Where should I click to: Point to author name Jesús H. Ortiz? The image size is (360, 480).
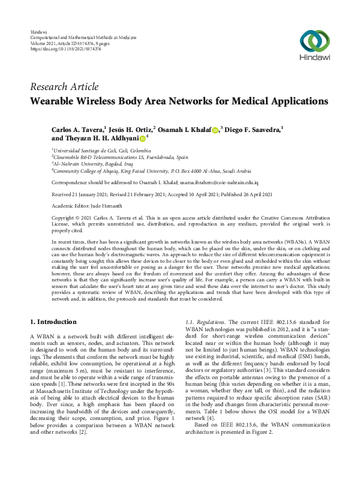(132, 129)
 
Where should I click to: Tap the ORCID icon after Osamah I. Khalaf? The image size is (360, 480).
(215, 130)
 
